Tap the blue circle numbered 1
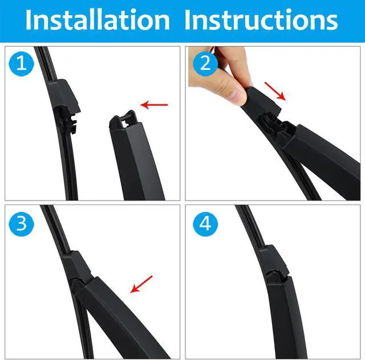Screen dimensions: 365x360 (x=22, y=64)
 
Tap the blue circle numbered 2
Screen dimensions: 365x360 (x=205, y=63)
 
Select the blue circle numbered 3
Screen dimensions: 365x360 (x=22, y=224)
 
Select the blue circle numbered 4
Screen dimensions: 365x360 (x=205, y=224)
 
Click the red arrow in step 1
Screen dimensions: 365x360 (x=154, y=105)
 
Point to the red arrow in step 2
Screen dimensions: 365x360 (x=275, y=91)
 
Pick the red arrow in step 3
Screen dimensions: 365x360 (x=141, y=284)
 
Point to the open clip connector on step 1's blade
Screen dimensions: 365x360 (x=67, y=120)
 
